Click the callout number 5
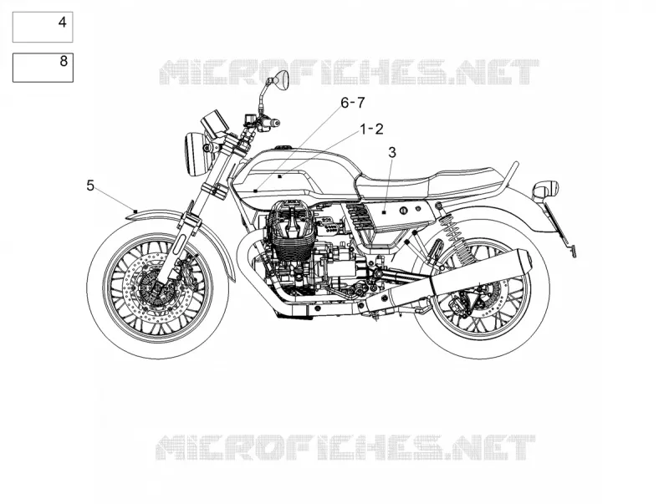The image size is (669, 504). point(90,186)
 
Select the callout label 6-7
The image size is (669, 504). point(352,102)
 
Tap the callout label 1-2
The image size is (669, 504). point(371,129)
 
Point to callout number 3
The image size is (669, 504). point(391,152)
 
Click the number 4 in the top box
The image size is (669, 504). point(62,23)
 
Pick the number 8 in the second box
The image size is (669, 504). point(64,61)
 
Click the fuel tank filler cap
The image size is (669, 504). point(283,148)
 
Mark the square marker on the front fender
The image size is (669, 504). point(135,211)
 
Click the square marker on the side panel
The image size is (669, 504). point(384,211)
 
